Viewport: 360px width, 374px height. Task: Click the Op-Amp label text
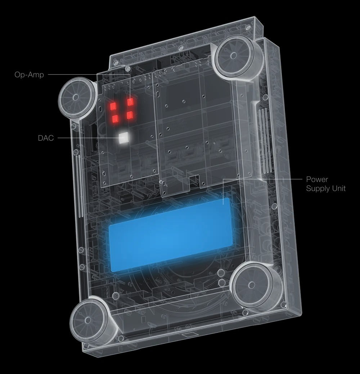click(x=29, y=75)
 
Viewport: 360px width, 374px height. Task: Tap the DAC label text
click(x=46, y=138)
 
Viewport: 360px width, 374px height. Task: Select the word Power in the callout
click(x=317, y=179)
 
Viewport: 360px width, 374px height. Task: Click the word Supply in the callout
click(x=318, y=188)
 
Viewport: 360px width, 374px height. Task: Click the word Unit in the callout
click(x=339, y=188)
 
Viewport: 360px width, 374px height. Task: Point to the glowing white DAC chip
click(x=123, y=139)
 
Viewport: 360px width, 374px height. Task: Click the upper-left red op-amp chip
click(x=112, y=106)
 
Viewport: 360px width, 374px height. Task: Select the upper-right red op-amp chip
click(x=130, y=102)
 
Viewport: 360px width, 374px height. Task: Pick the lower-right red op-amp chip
click(x=130, y=115)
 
